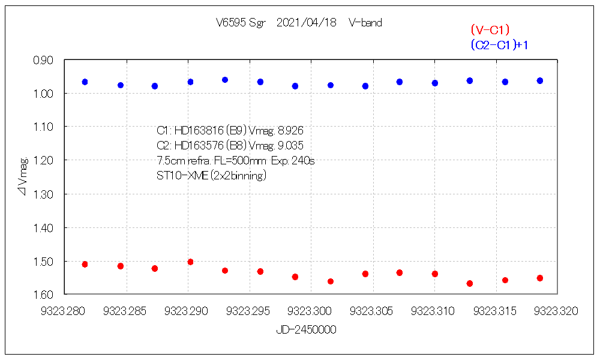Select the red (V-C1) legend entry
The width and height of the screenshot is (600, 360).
(490, 29)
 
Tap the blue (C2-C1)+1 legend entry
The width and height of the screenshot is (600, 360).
(499, 44)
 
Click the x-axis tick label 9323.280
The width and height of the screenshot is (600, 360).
(65, 311)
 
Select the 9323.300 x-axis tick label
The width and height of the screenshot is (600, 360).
(311, 311)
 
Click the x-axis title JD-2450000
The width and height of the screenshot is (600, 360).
(306, 329)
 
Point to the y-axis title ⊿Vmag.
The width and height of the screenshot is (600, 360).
(23, 177)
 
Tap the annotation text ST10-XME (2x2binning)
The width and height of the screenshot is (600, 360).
(211, 176)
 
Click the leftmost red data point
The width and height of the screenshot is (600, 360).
(85, 264)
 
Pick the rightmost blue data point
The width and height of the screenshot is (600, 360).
(540, 80)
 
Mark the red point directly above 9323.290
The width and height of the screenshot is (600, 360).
(190, 262)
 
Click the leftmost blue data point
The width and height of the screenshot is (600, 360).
(85, 82)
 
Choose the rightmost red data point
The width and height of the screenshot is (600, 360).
(540, 278)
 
